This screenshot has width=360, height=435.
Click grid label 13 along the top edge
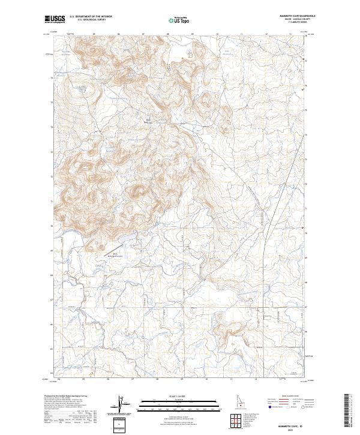click(290, 34)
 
